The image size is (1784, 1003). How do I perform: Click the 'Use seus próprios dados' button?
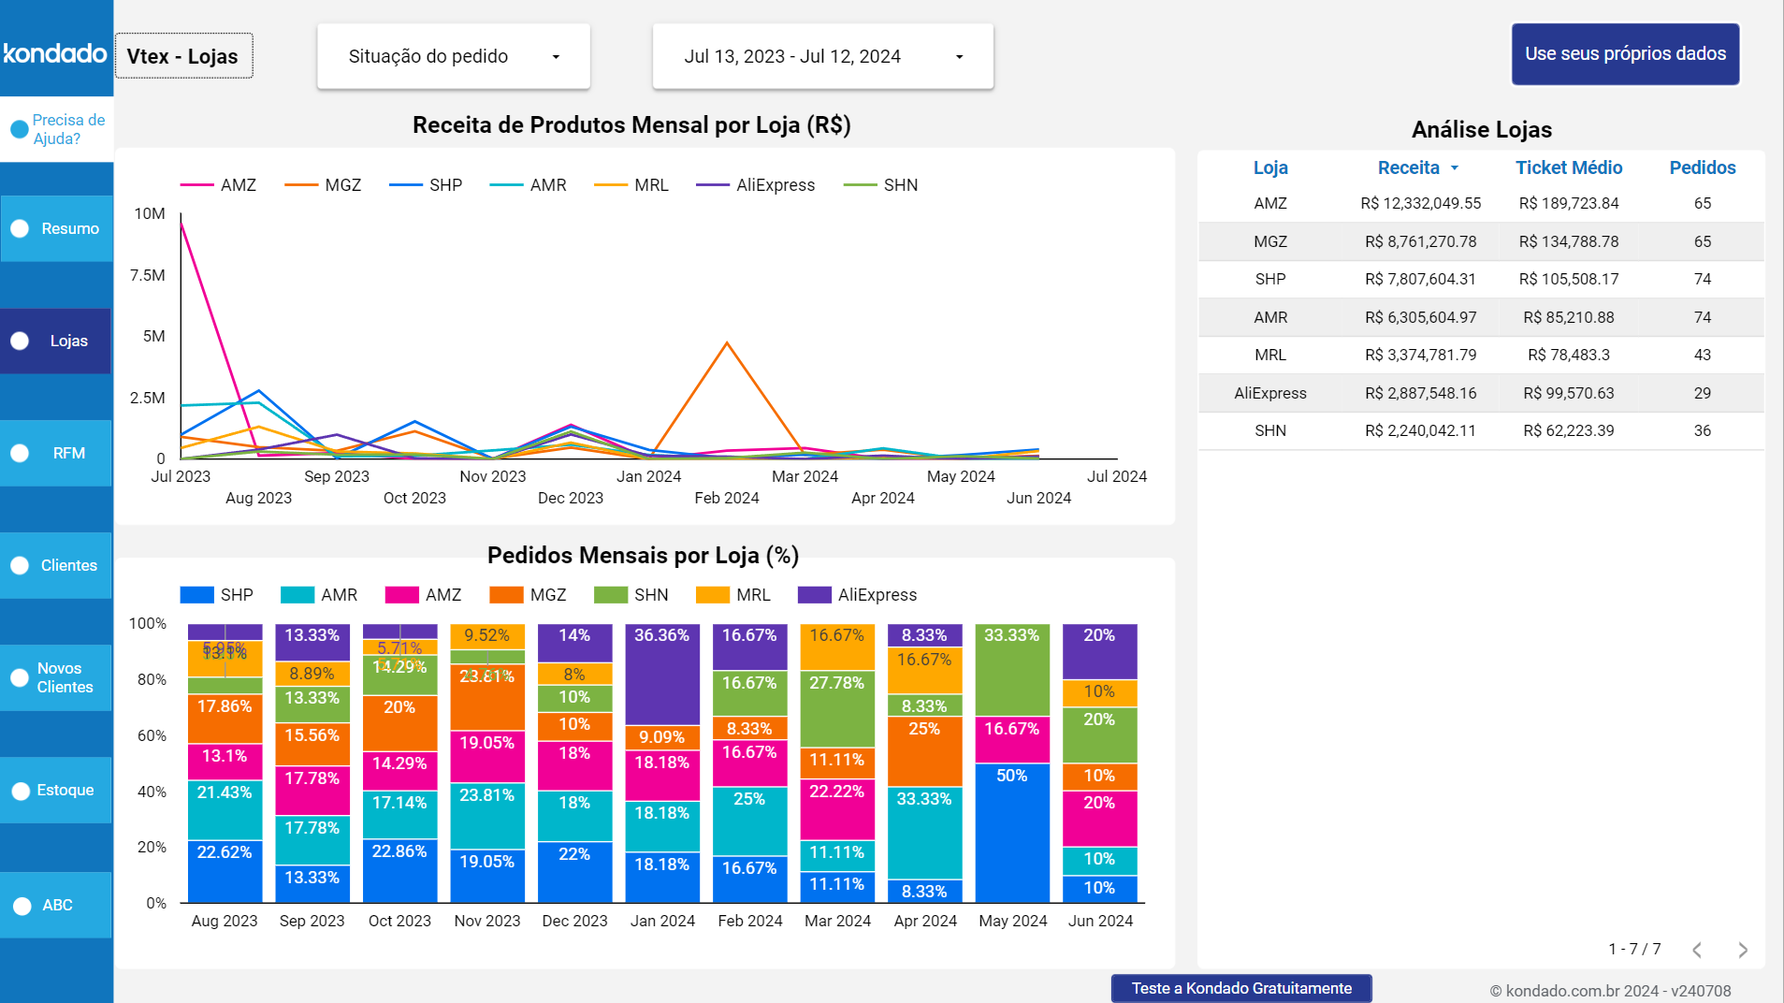coord(1625,54)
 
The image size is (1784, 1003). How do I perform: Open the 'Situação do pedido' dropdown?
coord(454,56)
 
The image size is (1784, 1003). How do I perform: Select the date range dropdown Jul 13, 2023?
coord(822,56)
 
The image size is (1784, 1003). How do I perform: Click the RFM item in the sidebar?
coord(57,453)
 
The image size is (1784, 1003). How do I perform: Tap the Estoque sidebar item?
coord(57,790)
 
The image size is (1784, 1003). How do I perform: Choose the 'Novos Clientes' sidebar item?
coord(57,677)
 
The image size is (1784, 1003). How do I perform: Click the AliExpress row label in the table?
coord(1269,393)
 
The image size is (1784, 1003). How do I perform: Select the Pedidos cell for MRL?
coord(1702,355)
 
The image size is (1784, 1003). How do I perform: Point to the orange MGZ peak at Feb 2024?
coord(727,343)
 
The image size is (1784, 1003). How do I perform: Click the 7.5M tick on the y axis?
coord(147,275)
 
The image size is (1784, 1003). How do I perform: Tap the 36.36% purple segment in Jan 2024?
coord(662,674)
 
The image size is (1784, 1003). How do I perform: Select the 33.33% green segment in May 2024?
coord(1012,669)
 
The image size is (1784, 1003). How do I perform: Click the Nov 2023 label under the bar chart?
coord(486,921)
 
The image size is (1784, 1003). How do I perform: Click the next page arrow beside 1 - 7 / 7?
coord(1742,950)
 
